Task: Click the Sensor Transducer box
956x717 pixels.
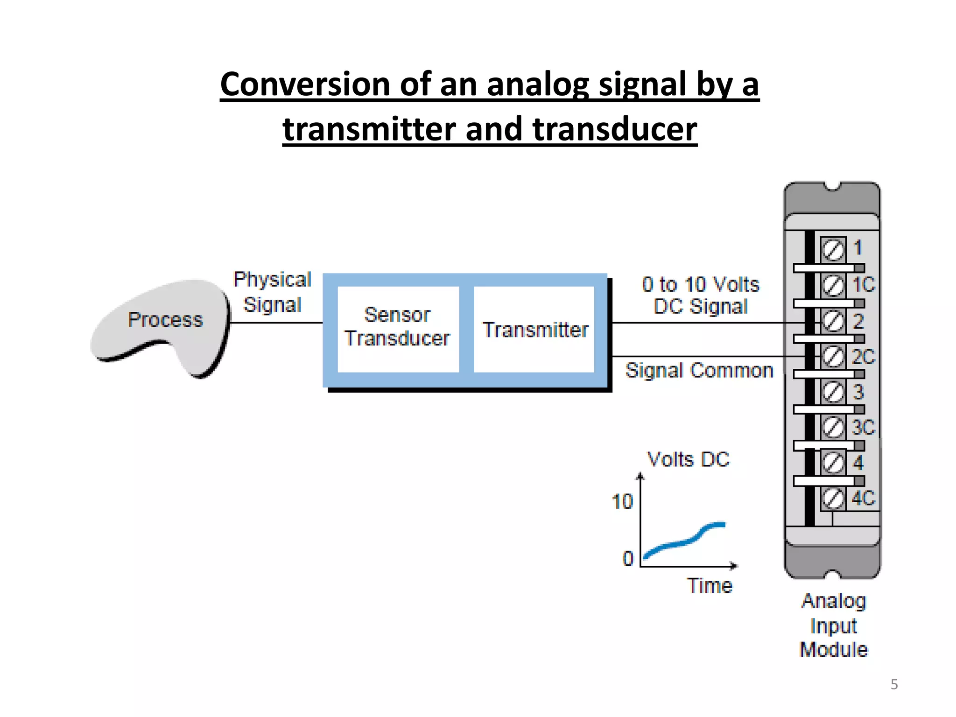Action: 398,329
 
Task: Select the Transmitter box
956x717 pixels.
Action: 534,329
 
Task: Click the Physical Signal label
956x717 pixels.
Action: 273,292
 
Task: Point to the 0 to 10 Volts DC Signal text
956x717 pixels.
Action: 700,295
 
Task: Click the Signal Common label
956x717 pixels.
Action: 699,370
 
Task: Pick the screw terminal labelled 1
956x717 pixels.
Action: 833,250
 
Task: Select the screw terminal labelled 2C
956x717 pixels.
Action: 833,357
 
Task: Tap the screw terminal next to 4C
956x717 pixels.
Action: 833,499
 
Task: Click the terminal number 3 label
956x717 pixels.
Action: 858,392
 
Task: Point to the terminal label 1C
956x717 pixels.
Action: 863,285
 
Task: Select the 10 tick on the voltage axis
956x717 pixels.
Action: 622,502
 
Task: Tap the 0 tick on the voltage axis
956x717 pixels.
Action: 628,558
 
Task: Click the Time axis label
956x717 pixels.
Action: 709,585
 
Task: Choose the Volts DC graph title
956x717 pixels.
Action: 688,459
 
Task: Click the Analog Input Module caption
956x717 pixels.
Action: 834,626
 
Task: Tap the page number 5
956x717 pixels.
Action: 894,684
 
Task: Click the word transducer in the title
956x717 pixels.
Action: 614,129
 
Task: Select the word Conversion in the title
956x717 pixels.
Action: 305,84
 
